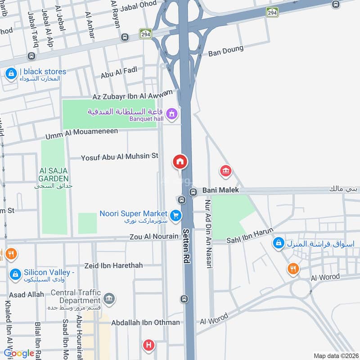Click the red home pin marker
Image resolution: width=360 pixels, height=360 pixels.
pyautogui.click(x=180, y=162)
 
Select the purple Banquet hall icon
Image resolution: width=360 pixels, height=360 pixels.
pyautogui.click(x=171, y=114)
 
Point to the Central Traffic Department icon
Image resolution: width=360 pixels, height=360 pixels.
pyautogui.click(x=108, y=298)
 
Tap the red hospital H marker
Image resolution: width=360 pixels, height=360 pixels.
pyautogui.click(x=148, y=346)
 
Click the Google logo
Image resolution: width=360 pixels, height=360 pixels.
pyautogui.click(x=19, y=353)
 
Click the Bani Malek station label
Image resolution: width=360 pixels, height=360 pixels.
pyautogui.click(x=220, y=190)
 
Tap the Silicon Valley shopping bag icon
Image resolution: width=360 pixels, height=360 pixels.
pyautogui.click(x=15, y=274)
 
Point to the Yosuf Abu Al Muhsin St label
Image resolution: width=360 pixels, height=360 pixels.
pyautogui.click(x=120, y=157)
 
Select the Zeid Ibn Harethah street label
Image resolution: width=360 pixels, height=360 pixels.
pyautogui.click(x=113, y=265)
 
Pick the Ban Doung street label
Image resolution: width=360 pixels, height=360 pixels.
pyautogui.click(x=225, y=51)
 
